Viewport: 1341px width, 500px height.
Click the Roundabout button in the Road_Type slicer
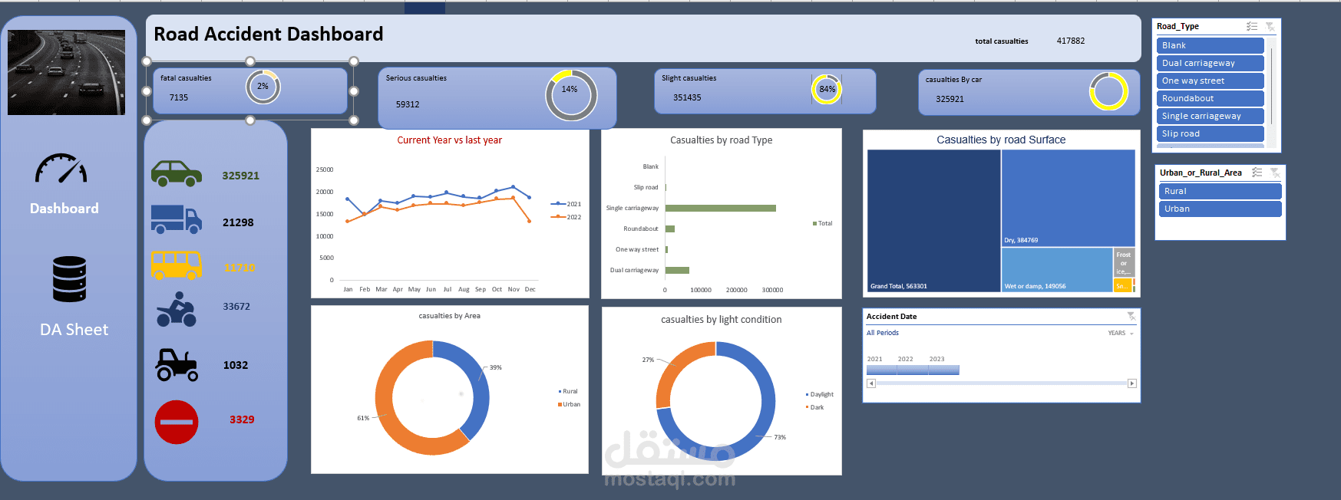[x=1210, y=98]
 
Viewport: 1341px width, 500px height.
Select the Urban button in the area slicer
[x=1219, y=209]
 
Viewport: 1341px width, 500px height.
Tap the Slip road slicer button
[x=1210, y=133]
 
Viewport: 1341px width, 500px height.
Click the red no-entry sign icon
[x=177, y=422]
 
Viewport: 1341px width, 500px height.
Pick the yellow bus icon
[x=177, y=265]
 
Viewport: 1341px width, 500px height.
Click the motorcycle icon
[x=177, y=309]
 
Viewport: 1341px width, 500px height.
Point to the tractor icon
[x=177, y=365]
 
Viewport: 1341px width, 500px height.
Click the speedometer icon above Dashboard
[x=61, y=169]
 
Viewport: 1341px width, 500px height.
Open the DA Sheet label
[x=74, y=330]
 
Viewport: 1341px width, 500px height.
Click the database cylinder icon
[x=69, y=279]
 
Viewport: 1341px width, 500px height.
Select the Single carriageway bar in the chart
[x=720, y=208]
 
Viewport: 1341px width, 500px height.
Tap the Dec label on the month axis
[x=530, y=289]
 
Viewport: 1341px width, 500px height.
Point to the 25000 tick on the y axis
[x=325, y=169]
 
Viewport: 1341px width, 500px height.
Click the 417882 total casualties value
[x=1070, y=41]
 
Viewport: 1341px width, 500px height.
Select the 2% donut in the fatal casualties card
[x=263, y=87]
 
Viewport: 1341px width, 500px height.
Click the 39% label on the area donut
[x=496, y=367]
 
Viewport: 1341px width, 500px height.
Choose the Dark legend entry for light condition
[x=816, y=407]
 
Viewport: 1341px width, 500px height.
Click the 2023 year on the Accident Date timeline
[x=936, y=359]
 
